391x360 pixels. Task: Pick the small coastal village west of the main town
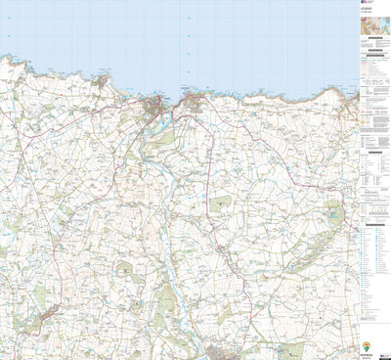(x=104, y=84)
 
